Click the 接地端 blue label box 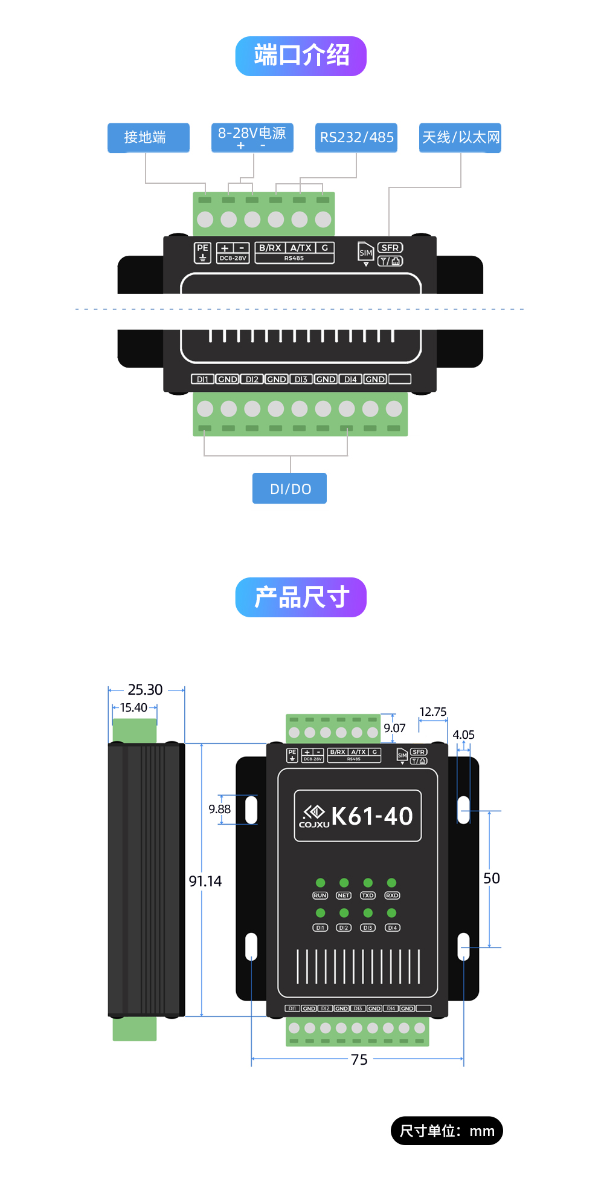148,138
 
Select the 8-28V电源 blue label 252,137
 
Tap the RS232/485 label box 356,138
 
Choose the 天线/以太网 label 460,138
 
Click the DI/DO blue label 290,489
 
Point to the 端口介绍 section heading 301,56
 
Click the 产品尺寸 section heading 301,597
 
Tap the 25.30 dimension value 145,690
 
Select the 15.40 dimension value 133,708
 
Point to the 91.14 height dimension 205,882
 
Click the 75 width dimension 359,1060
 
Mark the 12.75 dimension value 433,712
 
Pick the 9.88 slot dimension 220,810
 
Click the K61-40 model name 371,817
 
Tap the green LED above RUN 321,883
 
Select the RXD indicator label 392,896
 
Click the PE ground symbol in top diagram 203,253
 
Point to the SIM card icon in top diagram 366,253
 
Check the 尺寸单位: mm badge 447,1131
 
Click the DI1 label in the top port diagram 202,380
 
